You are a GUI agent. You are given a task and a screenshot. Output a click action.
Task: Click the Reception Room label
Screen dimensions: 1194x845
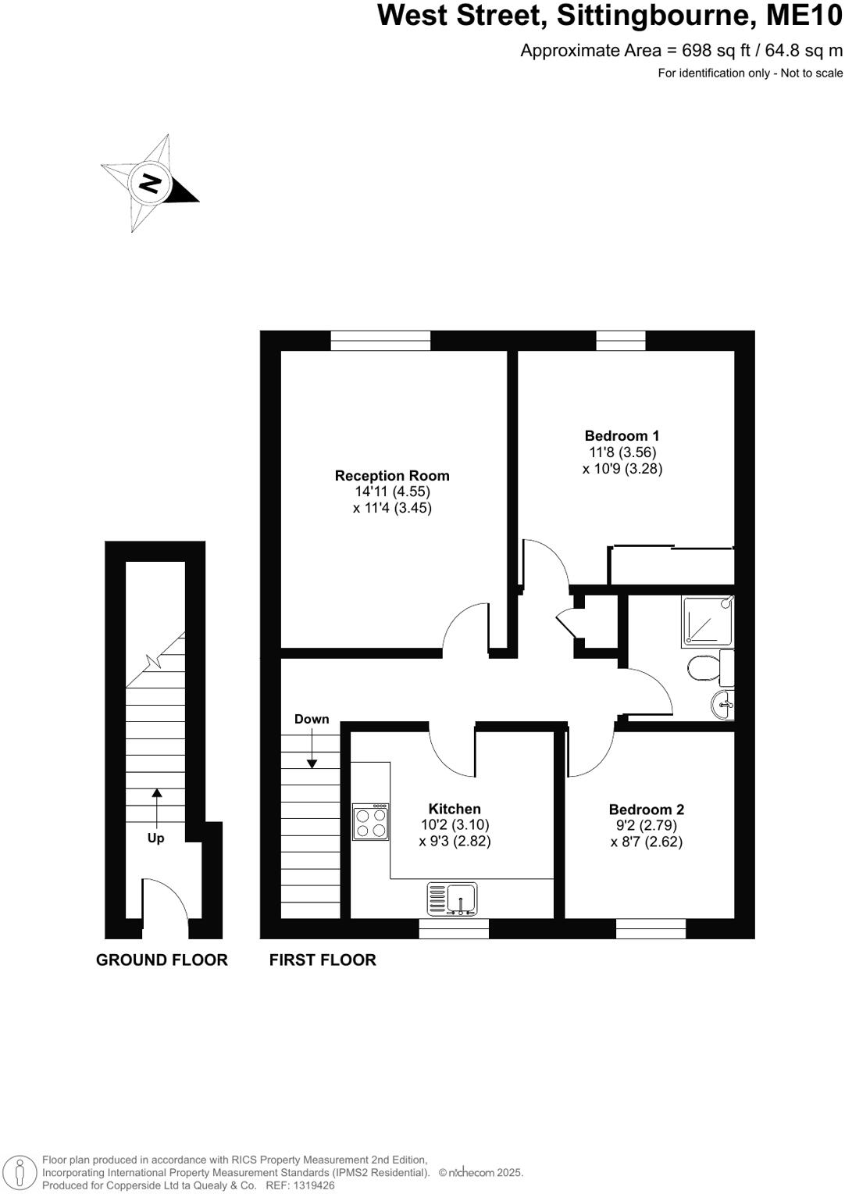click(392, 475)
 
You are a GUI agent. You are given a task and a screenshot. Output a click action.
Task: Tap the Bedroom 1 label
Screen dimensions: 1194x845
click(622, 436)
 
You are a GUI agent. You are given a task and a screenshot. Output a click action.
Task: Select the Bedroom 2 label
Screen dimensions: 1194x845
click(646, 810)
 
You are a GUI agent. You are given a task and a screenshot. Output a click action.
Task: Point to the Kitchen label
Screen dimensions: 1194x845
click(455, 809)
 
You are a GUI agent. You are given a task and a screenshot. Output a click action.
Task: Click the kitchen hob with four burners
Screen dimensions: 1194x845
click(371, 822)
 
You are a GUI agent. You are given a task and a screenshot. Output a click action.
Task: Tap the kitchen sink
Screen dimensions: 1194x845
click(452, 899)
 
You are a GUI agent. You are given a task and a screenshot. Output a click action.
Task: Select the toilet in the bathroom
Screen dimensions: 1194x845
click(704, 668)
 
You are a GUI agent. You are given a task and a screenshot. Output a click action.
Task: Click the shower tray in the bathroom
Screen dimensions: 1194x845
click(708, 620)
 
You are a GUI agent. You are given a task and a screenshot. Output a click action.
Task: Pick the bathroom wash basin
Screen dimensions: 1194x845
click(723, 704)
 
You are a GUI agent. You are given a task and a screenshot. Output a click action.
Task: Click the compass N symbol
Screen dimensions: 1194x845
click(149, 183)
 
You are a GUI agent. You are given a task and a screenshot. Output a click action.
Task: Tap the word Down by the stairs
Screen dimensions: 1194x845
click(312, 719)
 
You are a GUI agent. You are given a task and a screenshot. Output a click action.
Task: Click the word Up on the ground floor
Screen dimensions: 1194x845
click(156, 838)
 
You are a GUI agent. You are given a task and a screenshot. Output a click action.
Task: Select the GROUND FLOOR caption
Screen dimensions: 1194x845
click(162, 960)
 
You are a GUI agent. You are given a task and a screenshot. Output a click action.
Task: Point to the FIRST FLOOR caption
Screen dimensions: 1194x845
click(323, 960)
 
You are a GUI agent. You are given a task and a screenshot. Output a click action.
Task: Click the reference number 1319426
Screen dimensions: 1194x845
click(311, 1185)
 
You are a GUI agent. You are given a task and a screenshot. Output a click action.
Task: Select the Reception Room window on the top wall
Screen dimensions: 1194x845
click(380, 341)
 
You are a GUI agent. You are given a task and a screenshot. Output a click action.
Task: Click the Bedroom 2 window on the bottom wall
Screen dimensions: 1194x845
click(651, 928)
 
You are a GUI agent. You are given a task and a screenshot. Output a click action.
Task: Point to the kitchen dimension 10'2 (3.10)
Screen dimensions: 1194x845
click(455, 824)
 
